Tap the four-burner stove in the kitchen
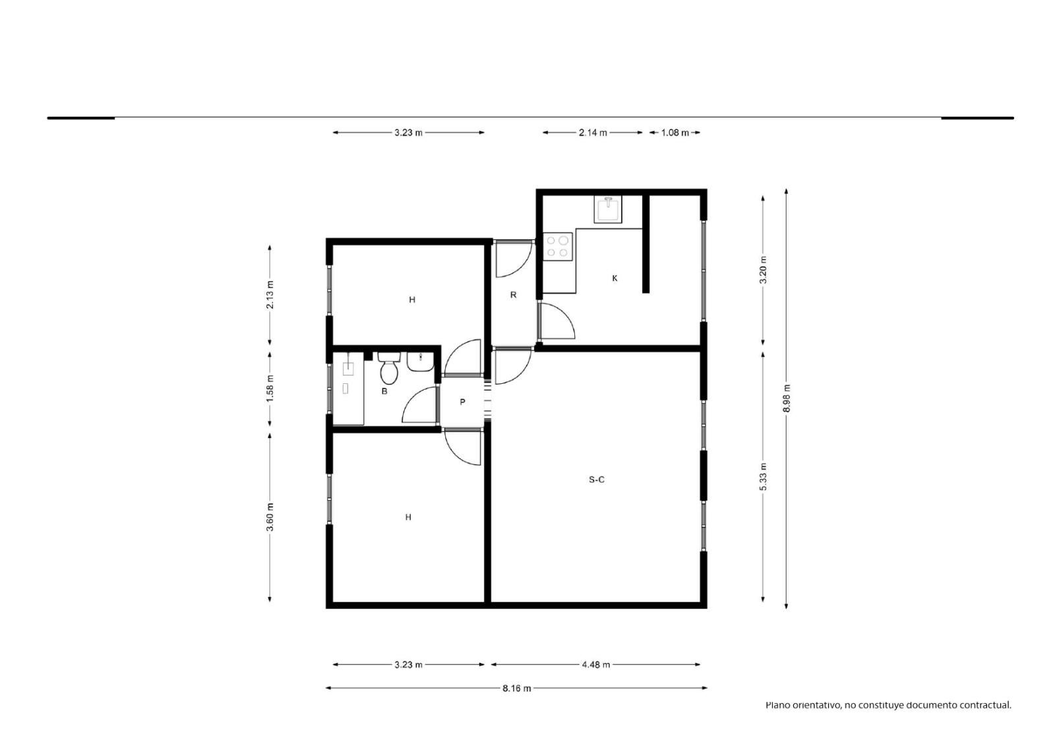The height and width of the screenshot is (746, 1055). tap(558, 247)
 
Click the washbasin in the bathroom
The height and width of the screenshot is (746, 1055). tap(420, 362)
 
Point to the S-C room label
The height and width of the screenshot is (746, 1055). tap(596, 480)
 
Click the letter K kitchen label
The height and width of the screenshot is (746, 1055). tap(615, 278)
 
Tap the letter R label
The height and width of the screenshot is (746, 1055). tap(514, 295)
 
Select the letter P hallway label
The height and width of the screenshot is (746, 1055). tap(462, 402)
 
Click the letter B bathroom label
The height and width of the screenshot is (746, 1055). tap(384, 391)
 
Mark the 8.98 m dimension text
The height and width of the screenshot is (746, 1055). tap(787, 398)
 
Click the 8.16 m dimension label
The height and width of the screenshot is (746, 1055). tap(517, 689)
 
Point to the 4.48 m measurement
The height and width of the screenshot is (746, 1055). tap(596, 665)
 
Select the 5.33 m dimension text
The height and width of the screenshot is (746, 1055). tap(763, 477)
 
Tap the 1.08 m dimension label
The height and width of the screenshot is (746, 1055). tap(675, 133)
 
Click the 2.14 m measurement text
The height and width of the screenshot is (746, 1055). tap(593, 133)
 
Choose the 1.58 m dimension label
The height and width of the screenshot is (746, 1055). tap(270, 389)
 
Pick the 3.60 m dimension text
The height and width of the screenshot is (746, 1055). tap(270, 517)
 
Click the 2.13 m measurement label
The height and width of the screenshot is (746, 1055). tap(270, 295)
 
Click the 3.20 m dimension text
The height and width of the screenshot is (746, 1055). tap(763, 270)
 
